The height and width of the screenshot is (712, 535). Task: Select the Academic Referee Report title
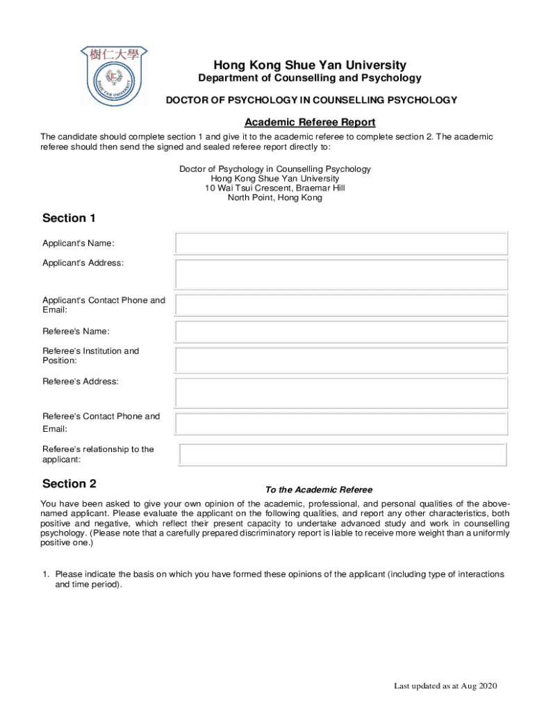click(310, 122)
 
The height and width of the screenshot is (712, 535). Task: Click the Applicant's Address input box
click(341, 274)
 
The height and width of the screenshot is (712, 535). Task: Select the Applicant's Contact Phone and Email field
click(341, 305)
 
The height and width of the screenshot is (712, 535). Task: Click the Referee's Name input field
click(341, 332)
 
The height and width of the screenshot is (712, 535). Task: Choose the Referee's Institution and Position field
click(341, 360)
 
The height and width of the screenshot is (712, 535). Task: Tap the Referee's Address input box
click(341, 392)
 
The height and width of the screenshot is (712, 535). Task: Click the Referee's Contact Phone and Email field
click(341, 423)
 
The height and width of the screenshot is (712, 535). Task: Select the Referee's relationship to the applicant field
click(343, 455)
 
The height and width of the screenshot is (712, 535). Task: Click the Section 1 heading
click(69, 218)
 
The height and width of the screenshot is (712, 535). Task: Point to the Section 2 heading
click(69, 484)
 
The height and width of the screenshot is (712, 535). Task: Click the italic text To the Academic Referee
click(319, 490)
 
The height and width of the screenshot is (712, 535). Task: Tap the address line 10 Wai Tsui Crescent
click(274, 188)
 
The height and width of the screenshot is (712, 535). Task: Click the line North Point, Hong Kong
click(274, 198)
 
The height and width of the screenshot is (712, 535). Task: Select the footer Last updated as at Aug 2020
click(446, 686)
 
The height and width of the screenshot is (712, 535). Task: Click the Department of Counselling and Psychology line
click(310, 79)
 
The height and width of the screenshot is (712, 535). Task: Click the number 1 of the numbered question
click(45, 574)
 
